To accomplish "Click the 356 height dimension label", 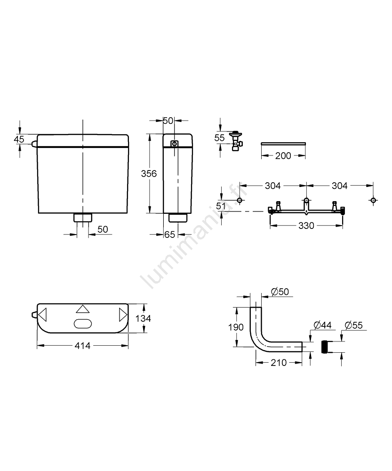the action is [x=149, y=173].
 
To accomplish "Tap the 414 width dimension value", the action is [x=82, y=346].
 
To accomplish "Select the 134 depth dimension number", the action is [x=143, y=318].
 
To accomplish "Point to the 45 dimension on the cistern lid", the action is [x=19, y=139].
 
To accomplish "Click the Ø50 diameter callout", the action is [x=280, y=292].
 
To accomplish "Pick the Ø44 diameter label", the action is [x=322, y=325].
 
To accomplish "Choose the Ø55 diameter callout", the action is [x=353, y=325].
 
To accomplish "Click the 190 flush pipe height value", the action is [x=236, y=327].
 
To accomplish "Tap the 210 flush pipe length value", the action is [x=279, y=363].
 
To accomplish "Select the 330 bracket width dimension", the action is [x=306, y=226].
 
